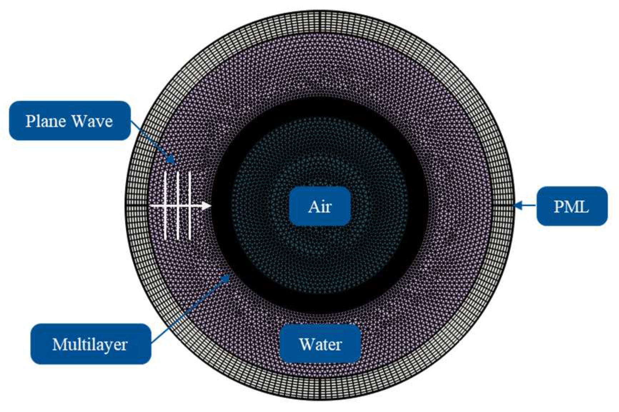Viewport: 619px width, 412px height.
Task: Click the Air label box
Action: (320, 206)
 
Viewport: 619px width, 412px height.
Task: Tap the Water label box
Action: (320, 344)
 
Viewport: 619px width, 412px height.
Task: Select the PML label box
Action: (571, 206)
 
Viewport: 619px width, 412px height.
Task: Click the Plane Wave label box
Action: (70, 121)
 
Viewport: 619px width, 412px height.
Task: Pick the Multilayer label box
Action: (91, 344)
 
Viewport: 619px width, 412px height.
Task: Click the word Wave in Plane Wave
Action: (92, 121)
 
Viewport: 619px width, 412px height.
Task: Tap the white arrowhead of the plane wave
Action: (206, 206)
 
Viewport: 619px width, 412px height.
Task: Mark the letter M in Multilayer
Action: (59, 344)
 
